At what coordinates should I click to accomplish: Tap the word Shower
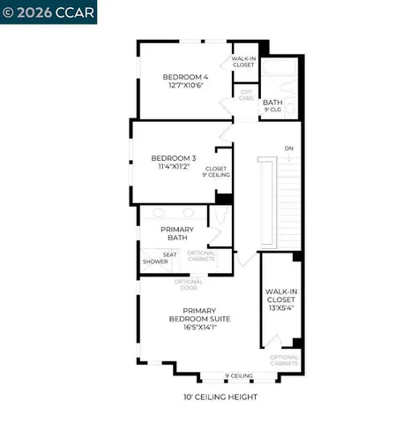tap(156, 261)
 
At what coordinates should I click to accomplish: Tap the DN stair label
tap(288, 148)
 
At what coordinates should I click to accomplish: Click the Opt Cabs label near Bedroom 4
tap(247, 95)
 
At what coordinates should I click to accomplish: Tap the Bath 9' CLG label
tap(272, 107)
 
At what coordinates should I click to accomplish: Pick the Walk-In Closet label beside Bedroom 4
tap(243, 61)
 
